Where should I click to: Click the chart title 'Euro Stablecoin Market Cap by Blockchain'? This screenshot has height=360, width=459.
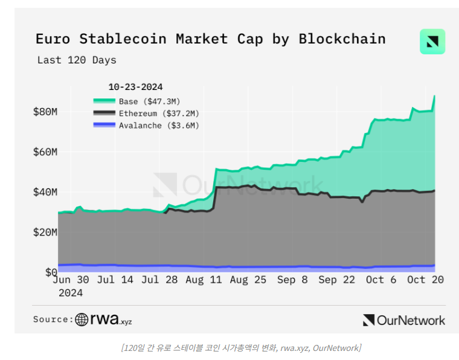(x=210, y=39)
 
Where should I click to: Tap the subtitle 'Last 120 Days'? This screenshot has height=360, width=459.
(x=77, y=60)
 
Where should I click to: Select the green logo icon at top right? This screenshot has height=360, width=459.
(x=432, y=42)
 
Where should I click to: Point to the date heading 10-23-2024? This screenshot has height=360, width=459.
(x=135, y=87)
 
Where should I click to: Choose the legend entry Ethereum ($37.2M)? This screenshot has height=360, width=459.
(x=159, y=113)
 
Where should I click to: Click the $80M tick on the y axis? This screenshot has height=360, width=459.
(x=45, y=112)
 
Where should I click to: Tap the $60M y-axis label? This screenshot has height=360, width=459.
(x=45, y=152)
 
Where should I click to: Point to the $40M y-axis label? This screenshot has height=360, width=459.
(x=45, y=192)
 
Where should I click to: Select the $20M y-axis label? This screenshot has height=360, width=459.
(x=45, y=233)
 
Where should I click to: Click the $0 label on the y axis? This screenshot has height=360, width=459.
(x=51, y=272)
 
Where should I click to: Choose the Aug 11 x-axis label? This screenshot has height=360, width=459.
(x=203, y=280)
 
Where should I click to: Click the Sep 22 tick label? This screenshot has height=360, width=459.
(x=336, y=280)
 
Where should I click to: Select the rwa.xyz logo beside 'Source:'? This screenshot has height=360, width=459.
(x=103, y=320)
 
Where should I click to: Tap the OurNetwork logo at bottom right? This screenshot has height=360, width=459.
(x=404, y=320)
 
